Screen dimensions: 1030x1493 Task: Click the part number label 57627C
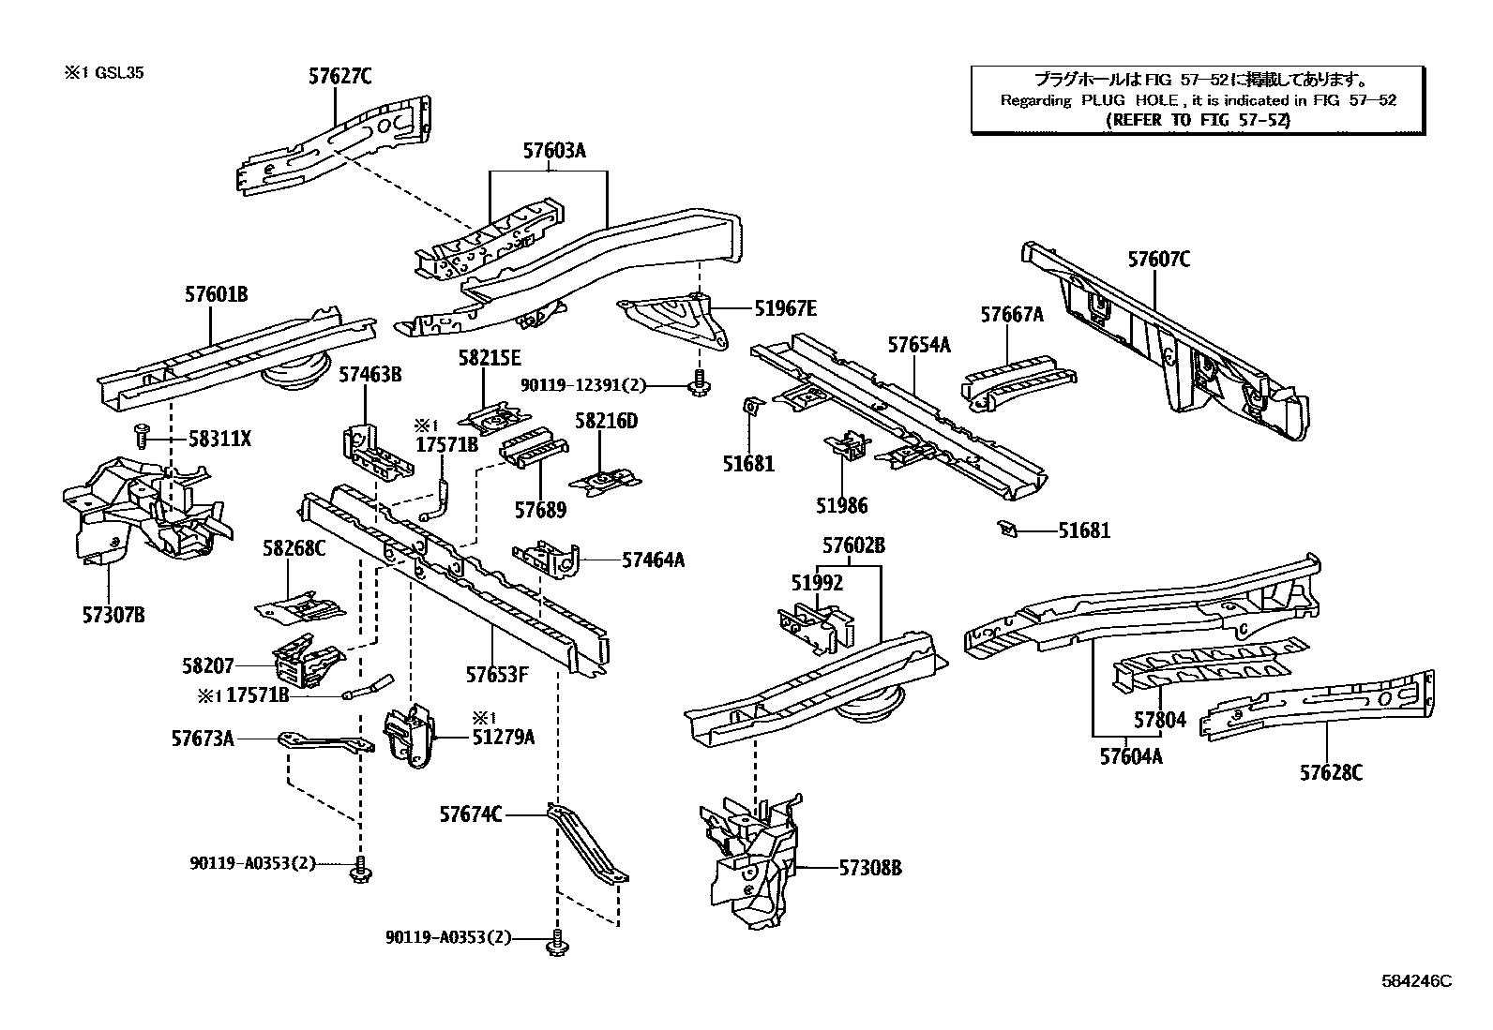[339, 77]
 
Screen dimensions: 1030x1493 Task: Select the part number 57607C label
[1158, 260]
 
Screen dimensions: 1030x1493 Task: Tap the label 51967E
[785, 306]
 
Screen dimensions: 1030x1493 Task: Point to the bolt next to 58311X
[142, 435]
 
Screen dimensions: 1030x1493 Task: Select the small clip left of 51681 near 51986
[751, 406]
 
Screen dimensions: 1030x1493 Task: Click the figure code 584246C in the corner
[1415, 981]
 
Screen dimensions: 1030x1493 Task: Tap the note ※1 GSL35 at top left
[103, 72]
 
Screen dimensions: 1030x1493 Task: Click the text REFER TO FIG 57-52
[1198, 120]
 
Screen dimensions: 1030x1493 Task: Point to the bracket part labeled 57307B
[141, 511]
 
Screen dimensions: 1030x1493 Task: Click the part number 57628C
[1331, 772]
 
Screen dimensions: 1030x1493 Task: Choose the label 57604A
[1130, 755]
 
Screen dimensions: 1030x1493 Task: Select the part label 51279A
[503, 737]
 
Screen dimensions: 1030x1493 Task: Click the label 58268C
[294, 548]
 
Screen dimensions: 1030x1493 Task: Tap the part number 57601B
[216, 294]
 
